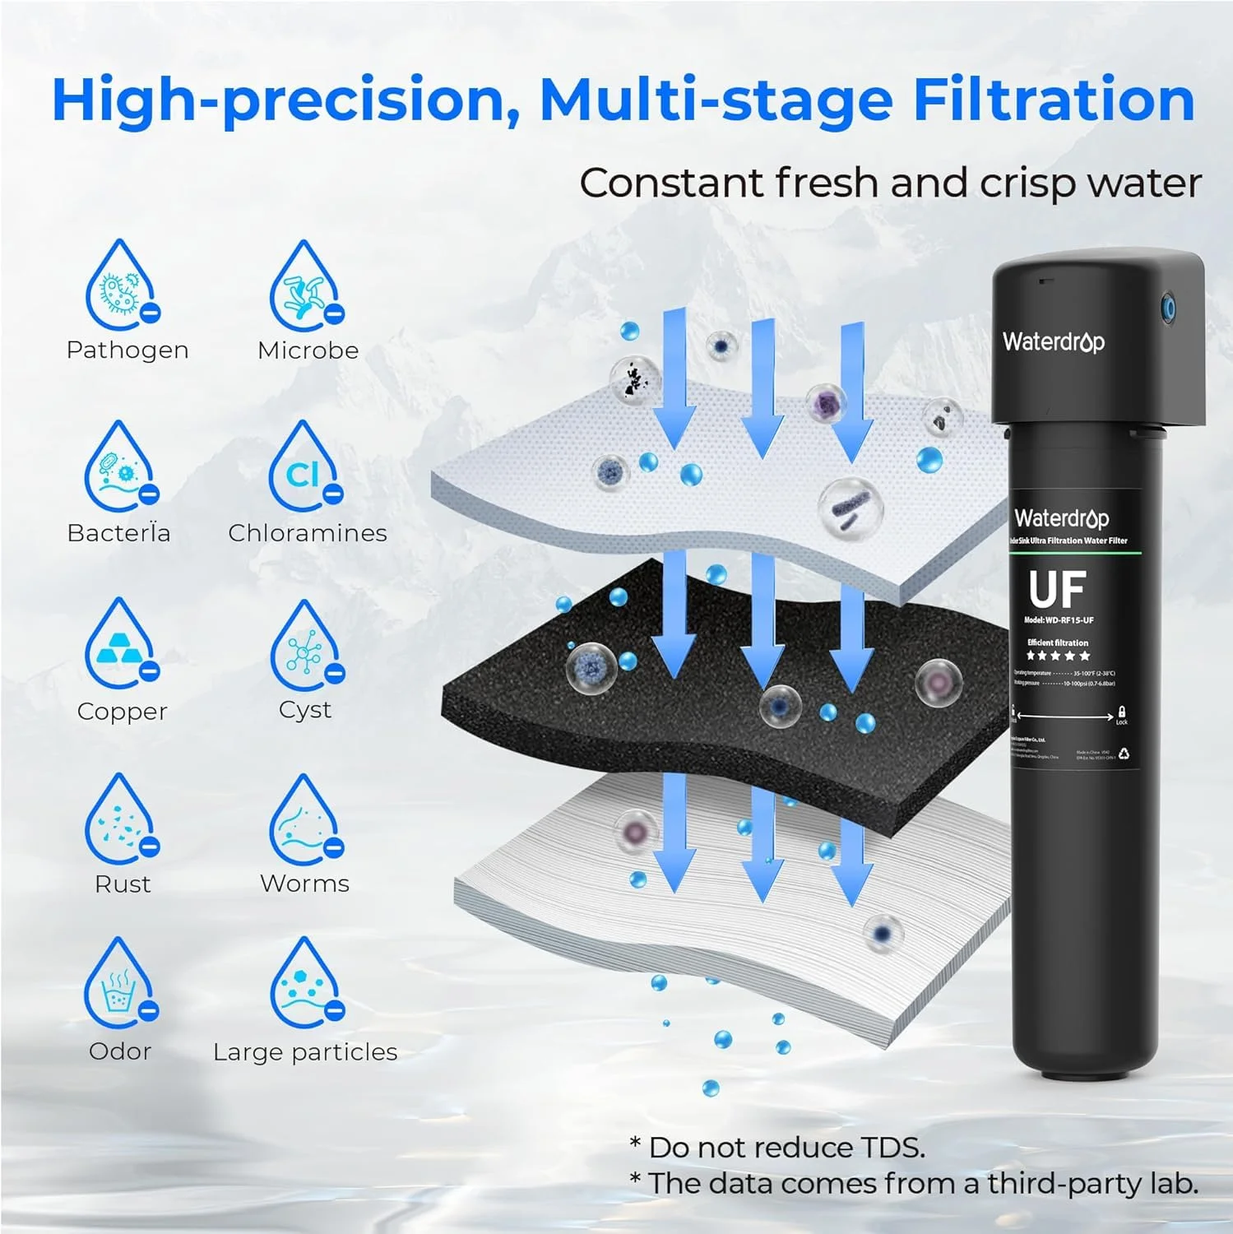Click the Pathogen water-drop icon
[x=122, y=285]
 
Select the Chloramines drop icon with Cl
[x=305, y=466]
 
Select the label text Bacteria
[x=118, y=533]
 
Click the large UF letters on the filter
[x=1057, y=589]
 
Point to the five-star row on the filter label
[x=1058, y=656]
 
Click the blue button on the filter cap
[x=1167, y=309]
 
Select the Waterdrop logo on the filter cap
[x=1053, y=341]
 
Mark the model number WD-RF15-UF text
[x=1059, y=620]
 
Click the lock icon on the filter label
[x=1121, y=712]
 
